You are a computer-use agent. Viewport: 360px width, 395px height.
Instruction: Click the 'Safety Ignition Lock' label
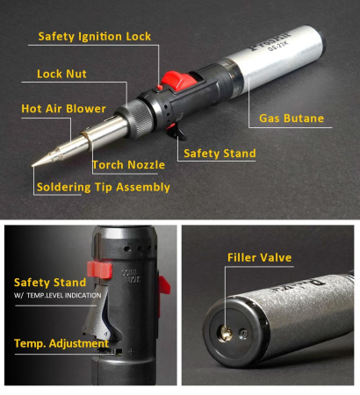coord(95,37)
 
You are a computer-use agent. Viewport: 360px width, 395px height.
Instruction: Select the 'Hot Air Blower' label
coord(64,109)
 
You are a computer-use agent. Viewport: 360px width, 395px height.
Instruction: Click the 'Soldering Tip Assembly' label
coord(104,187)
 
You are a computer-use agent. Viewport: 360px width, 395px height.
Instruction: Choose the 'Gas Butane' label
coord(292,118)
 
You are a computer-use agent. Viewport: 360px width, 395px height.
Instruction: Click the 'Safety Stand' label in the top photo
coord(220,154)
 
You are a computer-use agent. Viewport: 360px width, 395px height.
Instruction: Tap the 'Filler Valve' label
coord(259,258)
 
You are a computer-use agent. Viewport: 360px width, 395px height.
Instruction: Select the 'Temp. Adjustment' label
coord(59,343)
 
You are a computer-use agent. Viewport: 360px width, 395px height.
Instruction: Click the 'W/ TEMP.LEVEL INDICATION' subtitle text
coord(57,295)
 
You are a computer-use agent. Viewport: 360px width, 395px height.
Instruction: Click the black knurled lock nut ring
coord(139,117)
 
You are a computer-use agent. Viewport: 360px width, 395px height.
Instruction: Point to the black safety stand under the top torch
coord(182,132)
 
